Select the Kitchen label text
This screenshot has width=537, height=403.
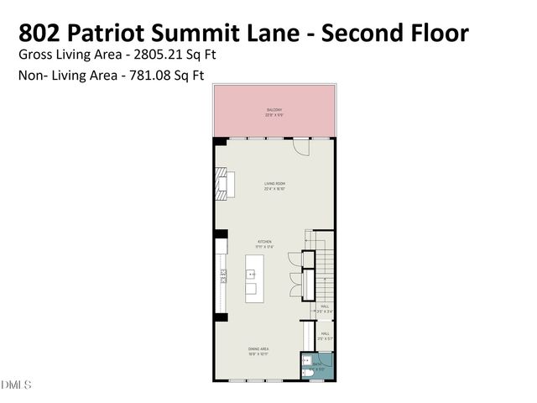pos(264,243)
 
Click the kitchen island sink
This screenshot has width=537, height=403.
pos(250,275)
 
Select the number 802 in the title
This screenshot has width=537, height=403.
pos(39,33)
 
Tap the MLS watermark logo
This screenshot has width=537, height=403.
pos(16,385)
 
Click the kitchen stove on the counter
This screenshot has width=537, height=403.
pos(223,276)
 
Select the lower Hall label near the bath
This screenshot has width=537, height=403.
pos(324,335)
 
